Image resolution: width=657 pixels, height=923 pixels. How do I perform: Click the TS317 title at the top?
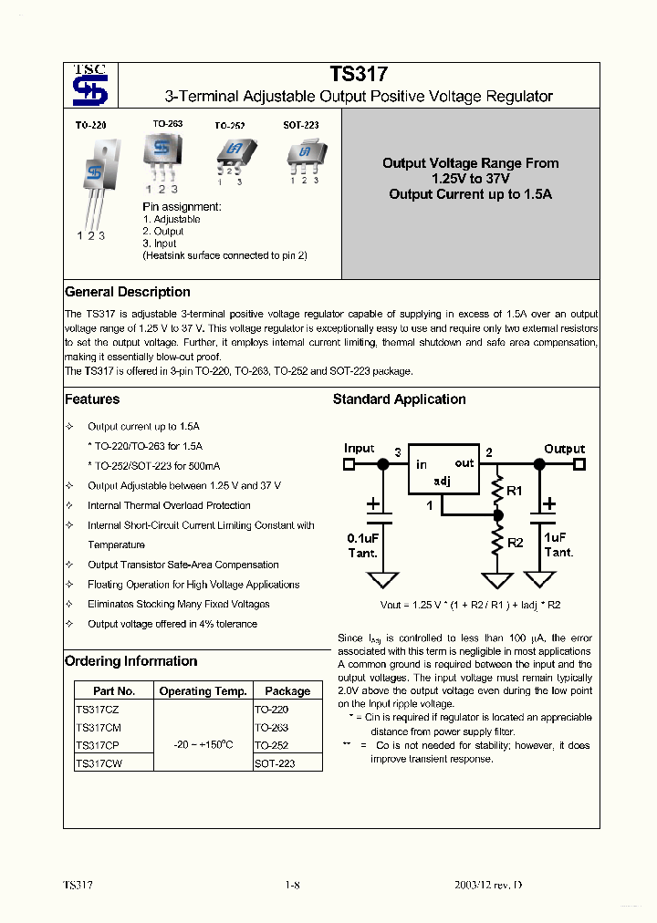(359, 77)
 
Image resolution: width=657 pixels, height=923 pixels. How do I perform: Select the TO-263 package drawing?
(162, 154)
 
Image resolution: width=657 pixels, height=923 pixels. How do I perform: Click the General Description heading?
(128, 292)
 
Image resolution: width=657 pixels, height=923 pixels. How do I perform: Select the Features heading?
(92, 399)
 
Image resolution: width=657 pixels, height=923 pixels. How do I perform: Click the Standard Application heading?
(399, 399)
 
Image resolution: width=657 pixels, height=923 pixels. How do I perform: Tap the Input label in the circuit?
(360, 449)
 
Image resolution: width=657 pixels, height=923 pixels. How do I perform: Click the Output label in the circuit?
(564, 449)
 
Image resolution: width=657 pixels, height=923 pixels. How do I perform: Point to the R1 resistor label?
(515, 492)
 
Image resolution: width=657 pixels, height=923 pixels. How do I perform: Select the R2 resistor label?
(516, 543)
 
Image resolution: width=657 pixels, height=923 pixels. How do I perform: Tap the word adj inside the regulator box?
(442, 481)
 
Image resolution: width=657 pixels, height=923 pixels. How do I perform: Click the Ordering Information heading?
(130, 661)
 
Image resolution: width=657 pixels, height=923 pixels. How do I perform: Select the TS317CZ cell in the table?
(98, 709)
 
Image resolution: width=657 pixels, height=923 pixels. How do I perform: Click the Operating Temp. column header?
(203, 691)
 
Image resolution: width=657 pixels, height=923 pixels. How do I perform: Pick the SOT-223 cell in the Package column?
(275, 763)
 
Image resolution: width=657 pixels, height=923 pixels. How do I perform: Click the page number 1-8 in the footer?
(292, 886)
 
